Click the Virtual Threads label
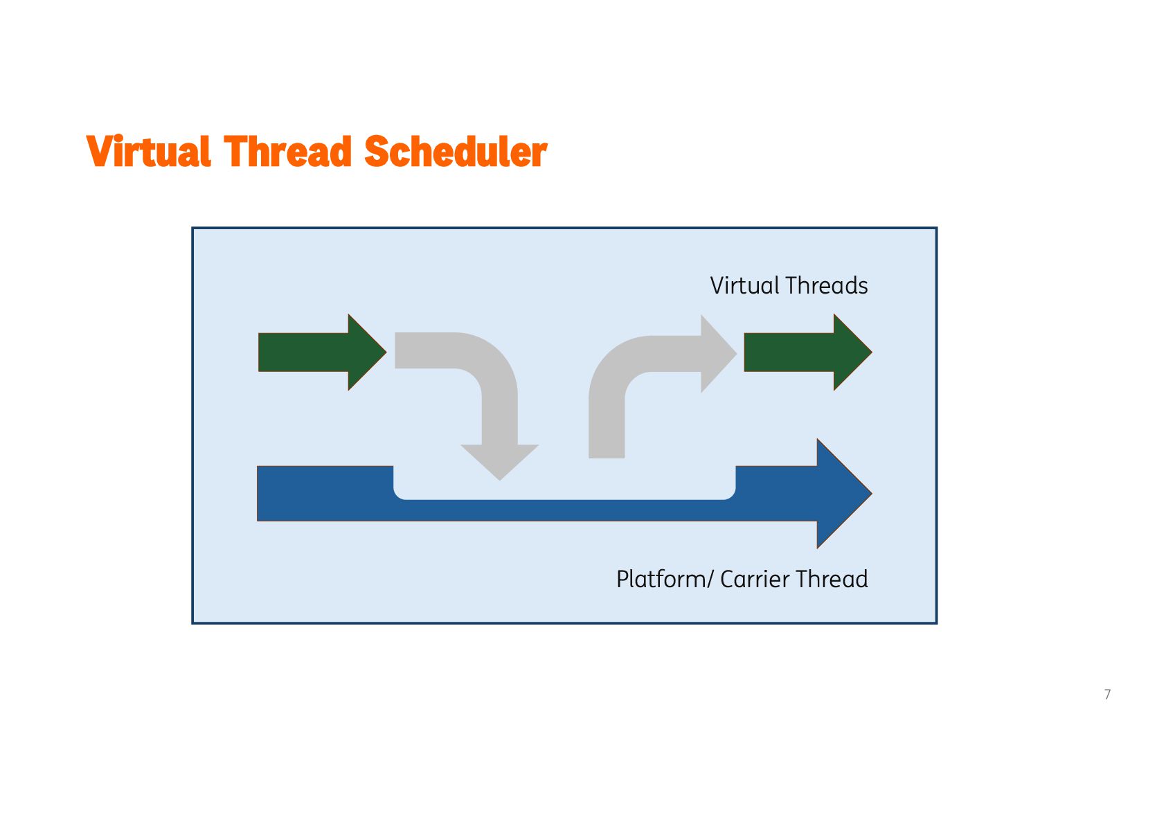point(789,285)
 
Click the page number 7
point(1108,695)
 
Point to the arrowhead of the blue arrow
point(841,493)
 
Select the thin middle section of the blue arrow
point(564,510)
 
